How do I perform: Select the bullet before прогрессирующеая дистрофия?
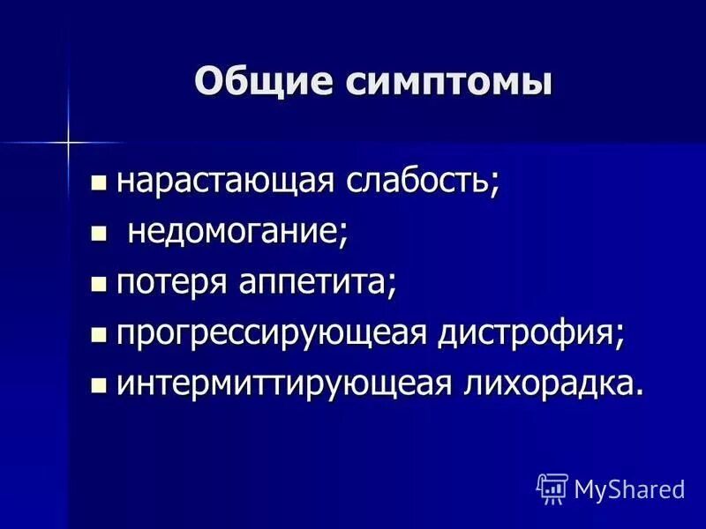100,335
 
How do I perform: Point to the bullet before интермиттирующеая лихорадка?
100,386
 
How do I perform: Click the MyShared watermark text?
629,488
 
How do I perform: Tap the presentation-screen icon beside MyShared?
552,488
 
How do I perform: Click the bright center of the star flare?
68,142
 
